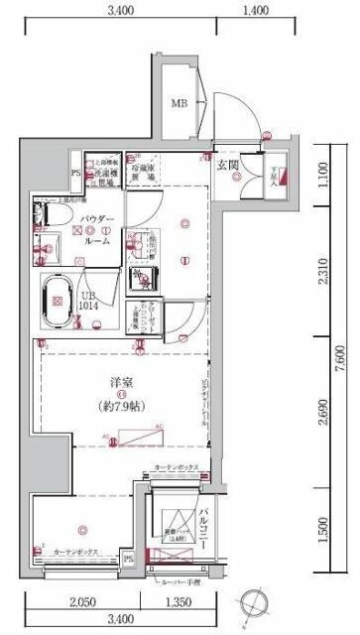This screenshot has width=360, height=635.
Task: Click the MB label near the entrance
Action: [180, 103]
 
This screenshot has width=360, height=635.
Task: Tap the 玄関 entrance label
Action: [229, 165]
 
